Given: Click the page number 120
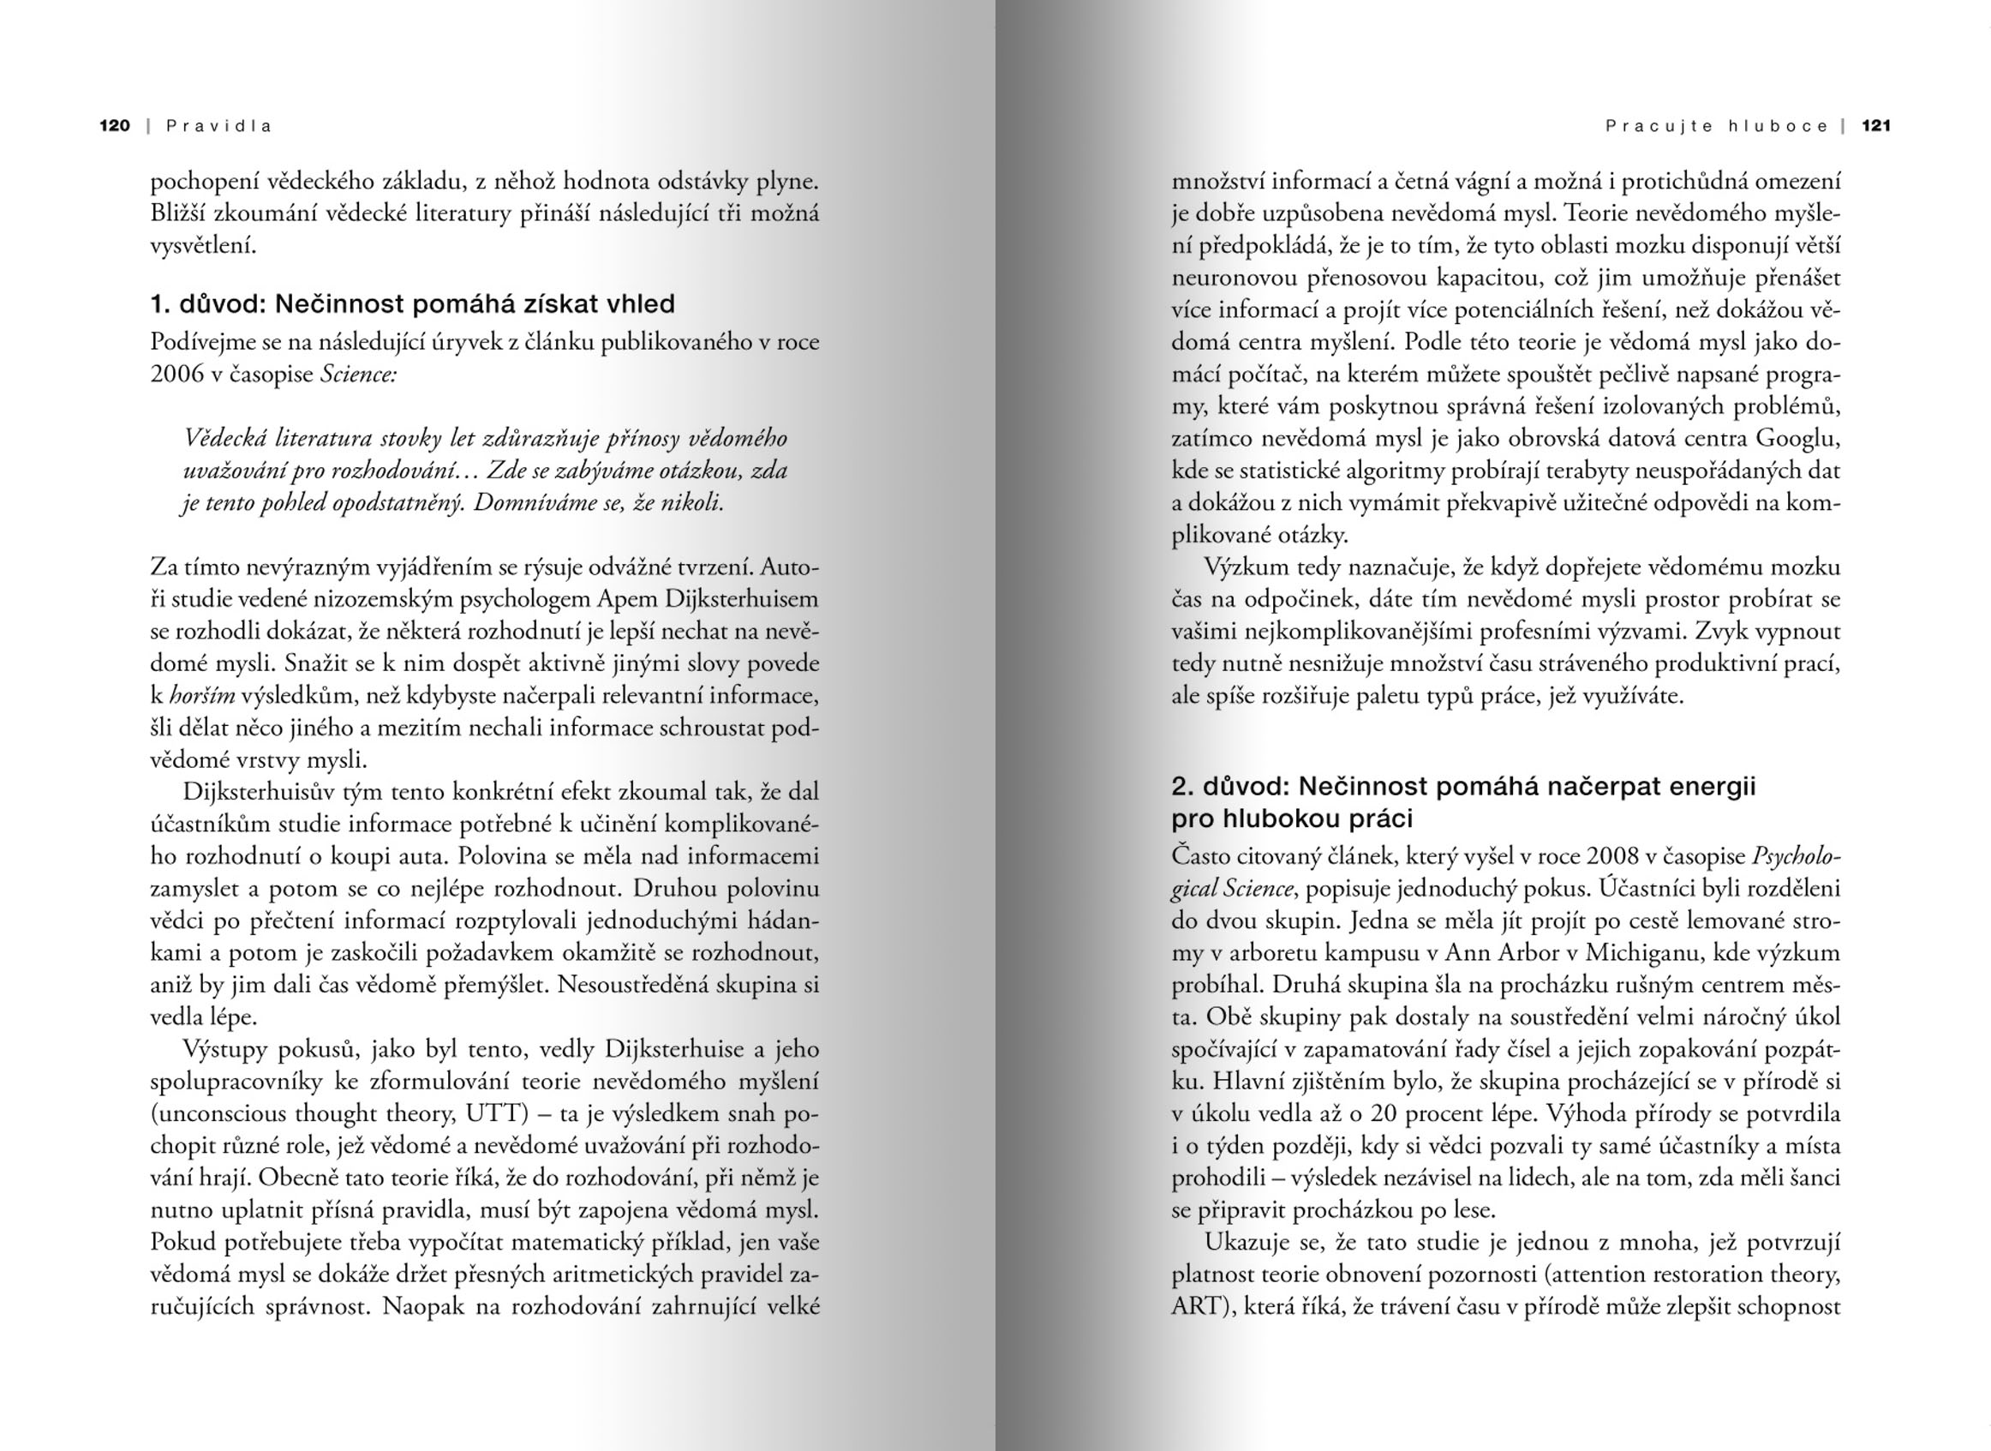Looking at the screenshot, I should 114,126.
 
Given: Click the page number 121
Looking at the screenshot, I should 1875,126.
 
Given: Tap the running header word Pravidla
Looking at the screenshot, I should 219,126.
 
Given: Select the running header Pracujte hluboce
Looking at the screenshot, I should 1716,126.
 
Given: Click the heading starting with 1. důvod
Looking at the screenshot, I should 413,304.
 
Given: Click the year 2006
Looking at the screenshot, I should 176,375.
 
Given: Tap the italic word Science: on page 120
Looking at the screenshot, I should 358,375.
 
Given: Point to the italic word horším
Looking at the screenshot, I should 202,696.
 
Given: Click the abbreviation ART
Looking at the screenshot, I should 1195,1307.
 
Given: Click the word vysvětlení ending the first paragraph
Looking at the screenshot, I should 203,246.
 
